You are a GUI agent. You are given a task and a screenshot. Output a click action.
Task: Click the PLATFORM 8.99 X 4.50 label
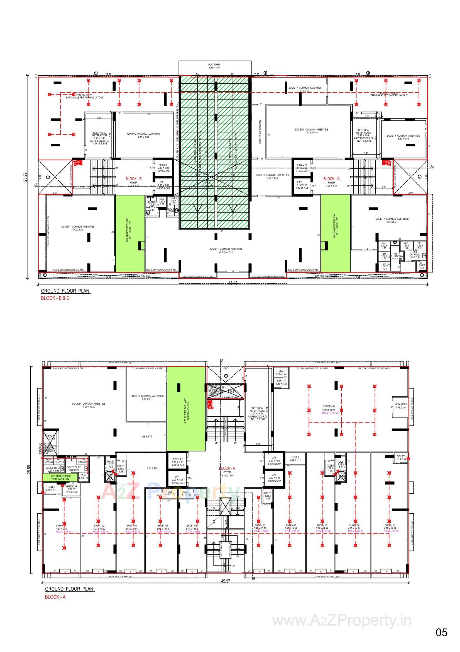click(x=214, y=66)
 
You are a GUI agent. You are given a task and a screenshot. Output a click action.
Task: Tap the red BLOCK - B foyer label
click(x=133, y=179)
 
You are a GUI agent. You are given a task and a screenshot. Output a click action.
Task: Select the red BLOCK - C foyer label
click(x=331, y=179)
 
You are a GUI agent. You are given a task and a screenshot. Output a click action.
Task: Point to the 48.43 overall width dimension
click(x=233, y=284)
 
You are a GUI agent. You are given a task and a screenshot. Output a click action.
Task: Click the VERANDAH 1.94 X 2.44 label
click(x=400, y=406)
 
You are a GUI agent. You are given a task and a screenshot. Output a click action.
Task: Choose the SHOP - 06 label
click(x=260, y=526)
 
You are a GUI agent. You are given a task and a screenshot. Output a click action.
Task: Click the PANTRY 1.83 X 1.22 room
click(x=281, y=382)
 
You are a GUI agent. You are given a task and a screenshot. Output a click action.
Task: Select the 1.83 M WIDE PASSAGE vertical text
click(x=260, y=132)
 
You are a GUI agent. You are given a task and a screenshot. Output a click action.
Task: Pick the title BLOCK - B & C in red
click(x=55, y=298)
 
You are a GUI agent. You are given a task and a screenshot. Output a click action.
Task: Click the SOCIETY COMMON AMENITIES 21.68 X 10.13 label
click(x=226, y=250)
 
